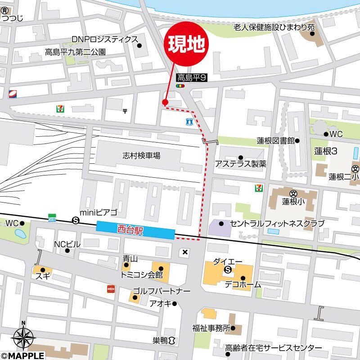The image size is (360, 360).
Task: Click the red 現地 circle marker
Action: pyautogui.click(x=188, y=43)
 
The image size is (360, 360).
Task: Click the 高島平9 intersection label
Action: pyautogui.click(x=191, y=78)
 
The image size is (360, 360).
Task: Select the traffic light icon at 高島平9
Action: pyautogui.click(x=180, y=85)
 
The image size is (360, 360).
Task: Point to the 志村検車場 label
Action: pyautogui.click(x=141, y=156)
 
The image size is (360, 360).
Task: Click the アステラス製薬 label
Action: pyautogui.click(x=240, y=164)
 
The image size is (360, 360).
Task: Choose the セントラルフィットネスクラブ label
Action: pyautogui.click(x=277, y=223)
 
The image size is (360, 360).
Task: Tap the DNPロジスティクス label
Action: pyautogui.click(x=104, y=40)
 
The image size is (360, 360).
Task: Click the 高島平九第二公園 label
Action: pyautogui.click(x=75, y=52)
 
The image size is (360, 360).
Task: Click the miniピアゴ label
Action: pyautogui.click(x=98, y=212)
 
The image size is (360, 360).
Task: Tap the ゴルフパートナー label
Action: pyautogui.click(x=158, y=291)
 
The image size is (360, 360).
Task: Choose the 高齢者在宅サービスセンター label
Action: pyautogui.click(x=274, y=348)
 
